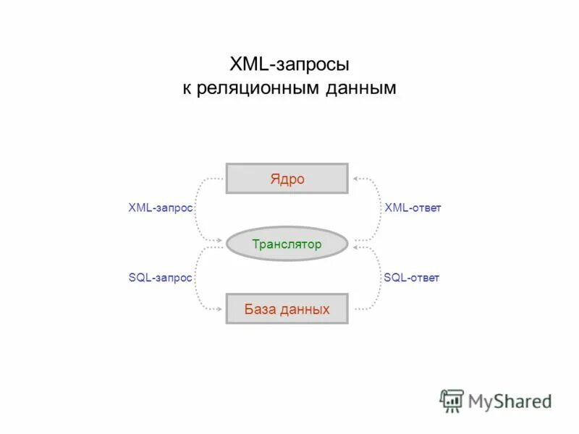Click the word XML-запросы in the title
(x=289, y=64)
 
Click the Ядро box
(x=287, y=179)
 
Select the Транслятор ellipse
(x=287, y=244)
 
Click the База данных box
(x=287, y=309)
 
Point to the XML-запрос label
(x=160, y=208)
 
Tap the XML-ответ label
(x=413, y=208)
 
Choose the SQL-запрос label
(x=160, y=278)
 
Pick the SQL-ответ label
(x=411, y=278)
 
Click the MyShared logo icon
(x=452, y=400)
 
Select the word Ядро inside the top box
(x=287, y=179)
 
